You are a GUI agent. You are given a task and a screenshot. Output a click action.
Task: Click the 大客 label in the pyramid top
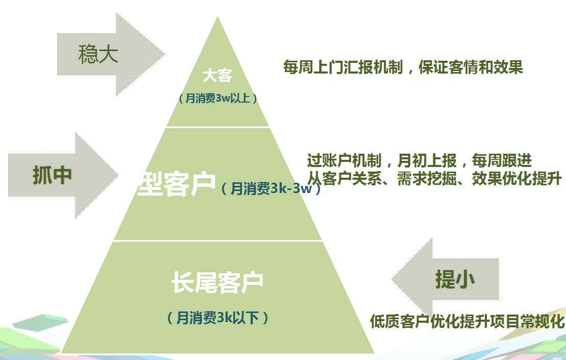(x=217, y=76)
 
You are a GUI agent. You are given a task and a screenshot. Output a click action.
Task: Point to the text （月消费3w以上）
(x=217, y=98)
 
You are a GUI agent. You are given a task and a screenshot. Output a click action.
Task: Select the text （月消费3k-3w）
(x=270, y=189)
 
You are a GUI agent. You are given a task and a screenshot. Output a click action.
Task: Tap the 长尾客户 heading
(x=217, y=282)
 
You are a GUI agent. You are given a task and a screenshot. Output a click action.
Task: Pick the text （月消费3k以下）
(x=217, y=318)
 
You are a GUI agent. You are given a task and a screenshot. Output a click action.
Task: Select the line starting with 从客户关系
(x=434, y=179)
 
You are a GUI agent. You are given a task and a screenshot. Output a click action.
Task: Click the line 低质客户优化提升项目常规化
(x=467, y=322)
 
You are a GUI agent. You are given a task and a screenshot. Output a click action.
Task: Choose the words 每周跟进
(x=502, y=161)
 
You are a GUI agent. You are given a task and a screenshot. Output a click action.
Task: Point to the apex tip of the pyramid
(x=218, y=18)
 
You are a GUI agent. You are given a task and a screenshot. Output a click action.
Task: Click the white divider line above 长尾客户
(x=217, y=241)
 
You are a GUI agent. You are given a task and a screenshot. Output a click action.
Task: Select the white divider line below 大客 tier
(x=217, y=127)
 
